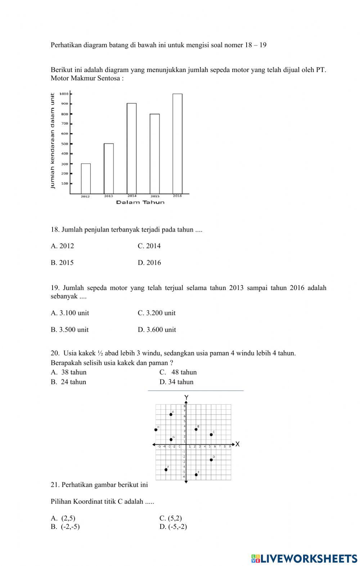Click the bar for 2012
(x=86, y=179)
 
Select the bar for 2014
(x=131, y=148)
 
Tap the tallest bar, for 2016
(x=177, y=144)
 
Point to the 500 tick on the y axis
(x=65, y=144)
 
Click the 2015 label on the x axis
(x=155, y=196)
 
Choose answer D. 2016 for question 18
(x=149, y=263)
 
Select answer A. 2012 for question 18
(x=62, y=246)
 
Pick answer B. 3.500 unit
(x=69, y=330)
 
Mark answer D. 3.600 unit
(x=157, y=330)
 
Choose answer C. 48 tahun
(x=178, y=372)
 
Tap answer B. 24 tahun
(x=68, y=382)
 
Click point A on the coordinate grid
(x=171, y=414)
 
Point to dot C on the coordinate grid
(x=211, y=434)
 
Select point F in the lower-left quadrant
(x=166, y=469)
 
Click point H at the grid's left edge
(x=156, y=429)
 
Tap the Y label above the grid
(x=186, y=397)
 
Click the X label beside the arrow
(x=237, y=444)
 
